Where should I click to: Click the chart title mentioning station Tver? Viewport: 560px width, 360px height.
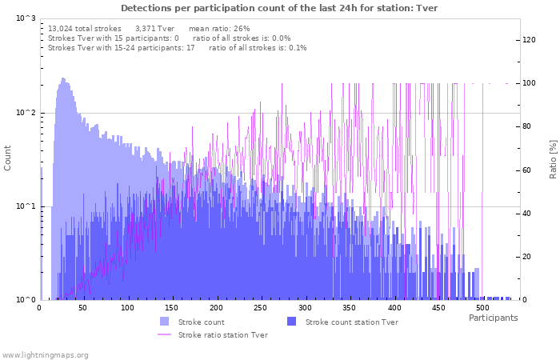(x=279, y=8)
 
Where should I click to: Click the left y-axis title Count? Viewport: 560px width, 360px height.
(x=8, y=158)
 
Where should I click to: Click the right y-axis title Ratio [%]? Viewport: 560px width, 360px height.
(x=552, y=158)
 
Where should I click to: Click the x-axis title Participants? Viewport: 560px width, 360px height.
(x=493, y=318)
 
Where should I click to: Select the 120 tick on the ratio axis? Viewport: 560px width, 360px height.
(x=530, y=40)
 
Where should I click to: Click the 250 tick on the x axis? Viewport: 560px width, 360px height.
(x=260, y=307)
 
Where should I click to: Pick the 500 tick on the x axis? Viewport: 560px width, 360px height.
(x=482, y=307)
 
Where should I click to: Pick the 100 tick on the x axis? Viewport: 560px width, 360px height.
(x=127, y=307)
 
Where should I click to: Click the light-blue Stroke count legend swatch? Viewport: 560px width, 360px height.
(x=165, y=322)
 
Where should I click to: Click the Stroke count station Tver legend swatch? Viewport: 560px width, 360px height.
(x=291, y=322)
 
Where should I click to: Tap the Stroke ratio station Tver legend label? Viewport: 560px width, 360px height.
(x=223, y=335)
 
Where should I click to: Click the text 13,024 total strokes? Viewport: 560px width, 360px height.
(x=85, y=28)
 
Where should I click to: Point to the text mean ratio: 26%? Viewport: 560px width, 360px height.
(x=219, y=28)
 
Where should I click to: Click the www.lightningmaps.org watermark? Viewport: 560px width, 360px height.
(x=45, y=354)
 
